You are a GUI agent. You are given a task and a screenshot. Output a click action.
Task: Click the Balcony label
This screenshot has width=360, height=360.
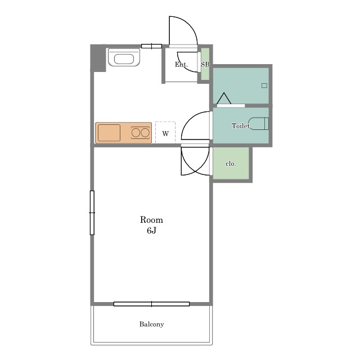tap(151, 324)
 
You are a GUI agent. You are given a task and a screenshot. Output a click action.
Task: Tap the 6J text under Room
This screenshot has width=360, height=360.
tap(151, 230)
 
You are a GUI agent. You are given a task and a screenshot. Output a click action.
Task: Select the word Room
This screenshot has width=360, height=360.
tap(151, 220)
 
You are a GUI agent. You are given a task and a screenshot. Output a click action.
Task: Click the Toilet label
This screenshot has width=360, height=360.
tap(240, 126)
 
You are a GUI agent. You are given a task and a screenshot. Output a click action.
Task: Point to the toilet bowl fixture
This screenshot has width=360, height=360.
tap(259, 124)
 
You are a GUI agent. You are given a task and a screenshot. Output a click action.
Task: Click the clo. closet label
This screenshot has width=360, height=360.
tap(231, 164)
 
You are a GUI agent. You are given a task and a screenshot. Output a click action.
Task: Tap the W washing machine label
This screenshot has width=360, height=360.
tap(165, 133)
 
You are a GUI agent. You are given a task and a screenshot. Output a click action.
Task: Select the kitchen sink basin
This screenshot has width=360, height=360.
tap(109, 133)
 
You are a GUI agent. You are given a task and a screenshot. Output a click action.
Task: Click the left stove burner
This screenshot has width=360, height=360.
tap(136, 133)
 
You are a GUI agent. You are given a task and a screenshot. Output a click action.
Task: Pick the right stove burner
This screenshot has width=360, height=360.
tap(145, 133)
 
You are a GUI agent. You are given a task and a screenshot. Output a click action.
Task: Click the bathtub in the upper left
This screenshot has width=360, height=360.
tap(124, 57)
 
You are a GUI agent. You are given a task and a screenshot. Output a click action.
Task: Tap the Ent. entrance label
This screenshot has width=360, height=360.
tap(181, 65)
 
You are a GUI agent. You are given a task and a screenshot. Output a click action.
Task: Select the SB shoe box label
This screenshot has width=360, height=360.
tap(205, 65)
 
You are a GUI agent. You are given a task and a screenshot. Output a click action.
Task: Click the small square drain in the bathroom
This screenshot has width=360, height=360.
tap(264, 85)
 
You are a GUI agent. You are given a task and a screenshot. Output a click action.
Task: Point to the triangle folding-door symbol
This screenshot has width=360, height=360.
tap(224, 98)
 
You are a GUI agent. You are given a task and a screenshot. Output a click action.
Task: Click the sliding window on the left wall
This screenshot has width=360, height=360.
tap(92, 213)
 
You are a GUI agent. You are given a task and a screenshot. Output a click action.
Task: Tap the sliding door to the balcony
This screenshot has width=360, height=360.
tap(151, 304)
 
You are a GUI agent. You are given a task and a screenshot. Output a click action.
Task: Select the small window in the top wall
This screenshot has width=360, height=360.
tap(151, 46)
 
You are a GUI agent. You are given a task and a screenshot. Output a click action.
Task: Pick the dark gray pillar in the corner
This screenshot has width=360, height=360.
tap(98, 58)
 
